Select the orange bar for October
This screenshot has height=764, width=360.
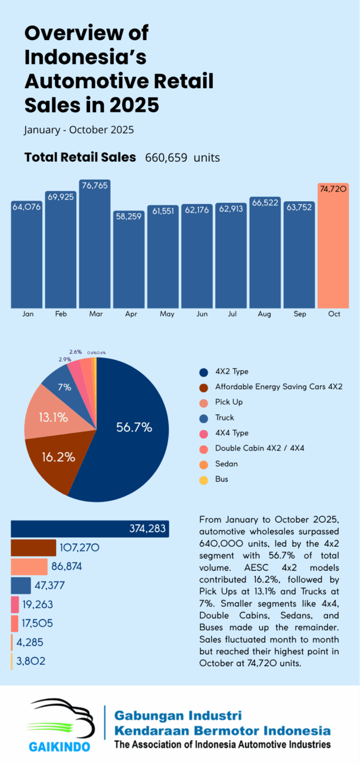tap(333, 251)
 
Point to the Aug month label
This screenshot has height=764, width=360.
tap(265, 314)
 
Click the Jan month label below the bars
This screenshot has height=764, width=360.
tap(27, 314)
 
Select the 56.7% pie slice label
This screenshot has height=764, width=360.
tap(134, 427)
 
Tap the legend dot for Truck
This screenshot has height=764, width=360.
tap(204, 418)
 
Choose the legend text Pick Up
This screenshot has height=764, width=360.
tap(229, 402)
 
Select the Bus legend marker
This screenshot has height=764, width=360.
tap(204, 479)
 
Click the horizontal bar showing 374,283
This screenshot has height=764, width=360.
tap(89, 529)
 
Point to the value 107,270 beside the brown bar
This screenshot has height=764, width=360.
tap(79, 547)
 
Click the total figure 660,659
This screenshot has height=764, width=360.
tap(166, 158)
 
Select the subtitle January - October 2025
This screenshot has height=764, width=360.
tap(79, 130)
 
